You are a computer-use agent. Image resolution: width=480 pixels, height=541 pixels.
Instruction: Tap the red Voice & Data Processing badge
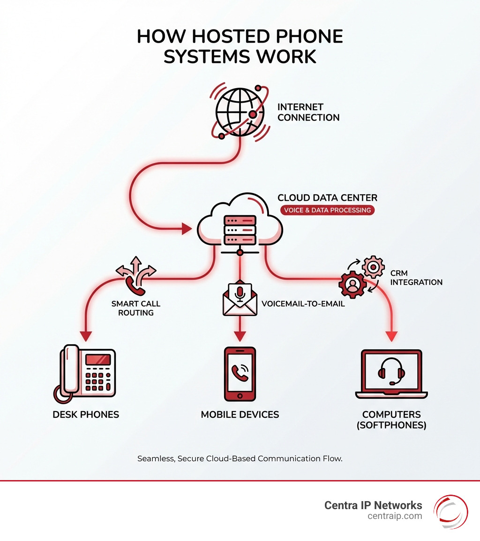327,210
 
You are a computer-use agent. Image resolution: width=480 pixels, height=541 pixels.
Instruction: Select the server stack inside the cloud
240,229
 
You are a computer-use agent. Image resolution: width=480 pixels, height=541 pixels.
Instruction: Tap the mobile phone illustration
240,374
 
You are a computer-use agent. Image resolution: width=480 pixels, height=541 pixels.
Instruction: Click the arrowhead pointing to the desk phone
86,336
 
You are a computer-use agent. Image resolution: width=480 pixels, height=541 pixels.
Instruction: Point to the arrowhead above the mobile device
240,336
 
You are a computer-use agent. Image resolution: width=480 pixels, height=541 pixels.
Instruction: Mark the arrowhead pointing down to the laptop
391,336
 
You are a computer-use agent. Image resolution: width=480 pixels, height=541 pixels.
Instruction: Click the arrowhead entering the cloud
187,229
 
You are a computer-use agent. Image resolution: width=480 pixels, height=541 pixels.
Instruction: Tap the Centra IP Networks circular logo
450,511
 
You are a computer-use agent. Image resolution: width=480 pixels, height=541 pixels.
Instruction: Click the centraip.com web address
395,516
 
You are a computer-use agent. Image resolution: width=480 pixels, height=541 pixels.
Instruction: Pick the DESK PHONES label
86,414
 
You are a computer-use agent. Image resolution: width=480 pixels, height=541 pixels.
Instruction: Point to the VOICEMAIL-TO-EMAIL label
303,303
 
